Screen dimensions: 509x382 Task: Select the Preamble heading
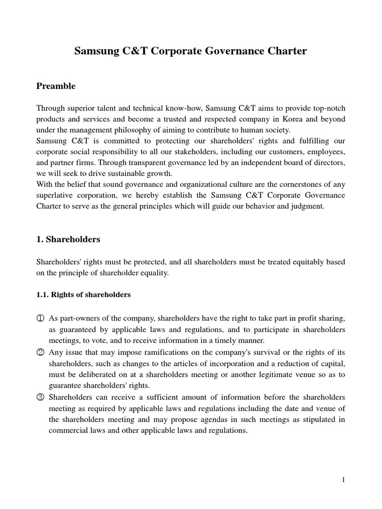pyautogui.click(x=56, y=86)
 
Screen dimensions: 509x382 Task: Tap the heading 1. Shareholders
pyautogui.click(x=68, y=239)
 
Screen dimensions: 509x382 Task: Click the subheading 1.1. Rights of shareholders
pyautogui.click(x=83, y=295)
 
